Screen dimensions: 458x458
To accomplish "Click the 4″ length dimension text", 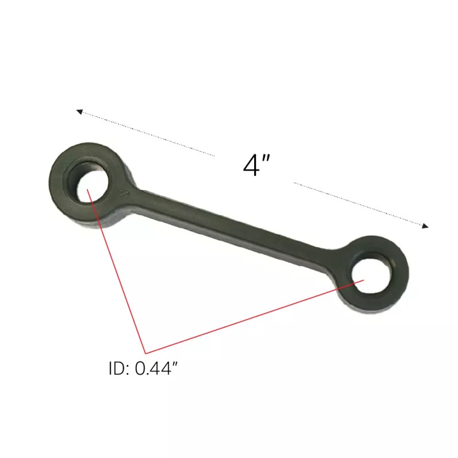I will [x=256, y=165].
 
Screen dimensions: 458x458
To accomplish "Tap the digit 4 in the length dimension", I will [x=251, y=165].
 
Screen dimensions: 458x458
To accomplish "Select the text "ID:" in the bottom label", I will [x=119, y=369].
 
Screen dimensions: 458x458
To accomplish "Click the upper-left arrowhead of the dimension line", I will [x=80, y=112].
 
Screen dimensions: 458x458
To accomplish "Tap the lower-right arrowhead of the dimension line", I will [x=425, y=226].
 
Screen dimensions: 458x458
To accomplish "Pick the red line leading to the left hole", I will [x=117, y=272].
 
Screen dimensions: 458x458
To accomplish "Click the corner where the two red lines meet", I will [x=145, y=352].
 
